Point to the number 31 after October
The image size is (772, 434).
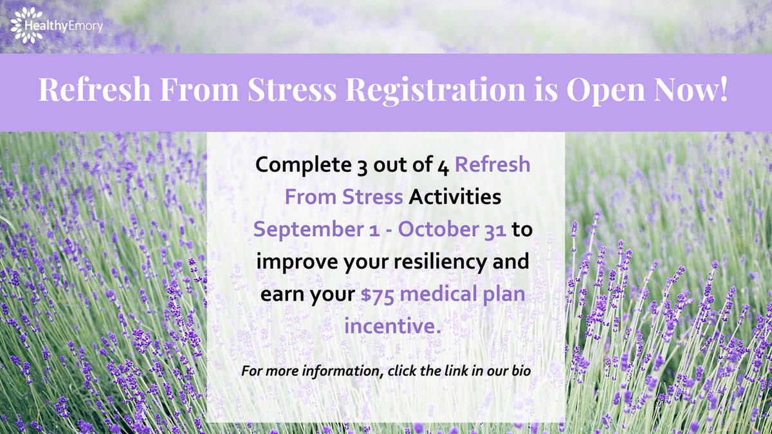pyautogui.click(x=493, y=230)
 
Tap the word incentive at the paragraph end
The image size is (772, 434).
pyautogui.click(x=393, y=326)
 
